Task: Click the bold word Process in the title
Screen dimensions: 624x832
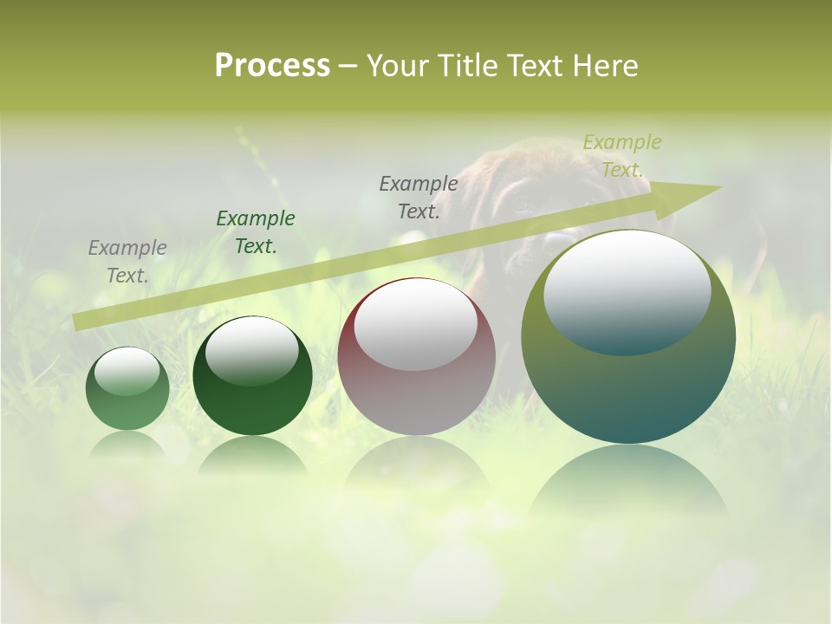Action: tap(272, 66)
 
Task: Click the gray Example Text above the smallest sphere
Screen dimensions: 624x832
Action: tap(127, 262)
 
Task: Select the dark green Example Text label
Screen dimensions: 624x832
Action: tap(256, 232)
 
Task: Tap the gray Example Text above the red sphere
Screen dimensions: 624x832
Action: tap(419, 198)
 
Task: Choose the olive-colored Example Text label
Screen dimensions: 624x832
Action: tap(622, 156)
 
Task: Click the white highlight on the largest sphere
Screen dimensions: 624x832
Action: tap(627, 292)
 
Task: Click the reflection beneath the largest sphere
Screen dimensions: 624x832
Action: tap(628, 481)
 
